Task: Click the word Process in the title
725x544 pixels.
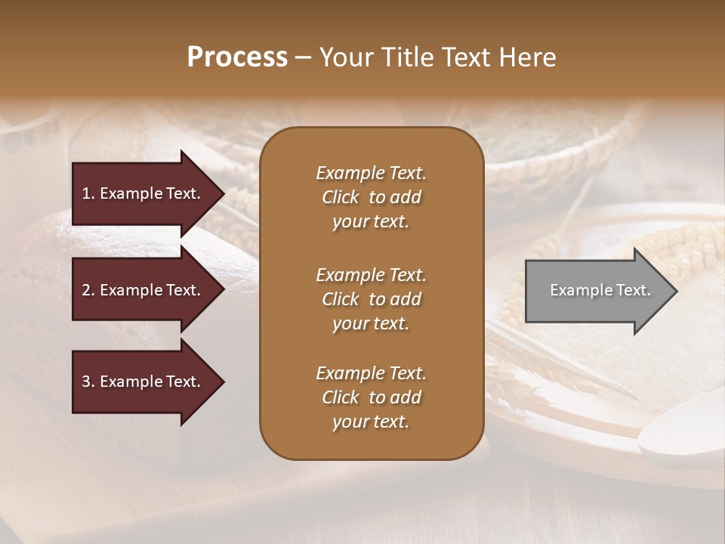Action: pos(237,57)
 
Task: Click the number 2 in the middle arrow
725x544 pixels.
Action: pos(85,290)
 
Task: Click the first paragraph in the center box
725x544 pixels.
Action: pos(371,197)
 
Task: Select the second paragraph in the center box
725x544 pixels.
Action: pos(371,299)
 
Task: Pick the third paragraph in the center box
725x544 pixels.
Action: pos(371,397)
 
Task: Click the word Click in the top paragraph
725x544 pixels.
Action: pos(341,197)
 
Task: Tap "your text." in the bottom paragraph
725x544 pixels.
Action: pos(371,422)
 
